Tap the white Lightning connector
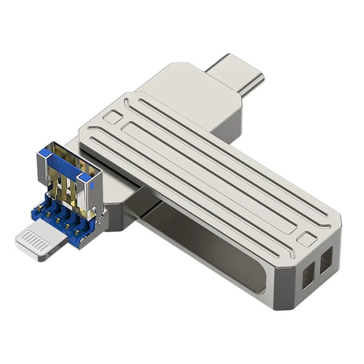(x=39, y=241)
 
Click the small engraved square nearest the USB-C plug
(x=112, y=117)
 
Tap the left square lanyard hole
(x=308, y=276)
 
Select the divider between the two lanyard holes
(x=317, y=269)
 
